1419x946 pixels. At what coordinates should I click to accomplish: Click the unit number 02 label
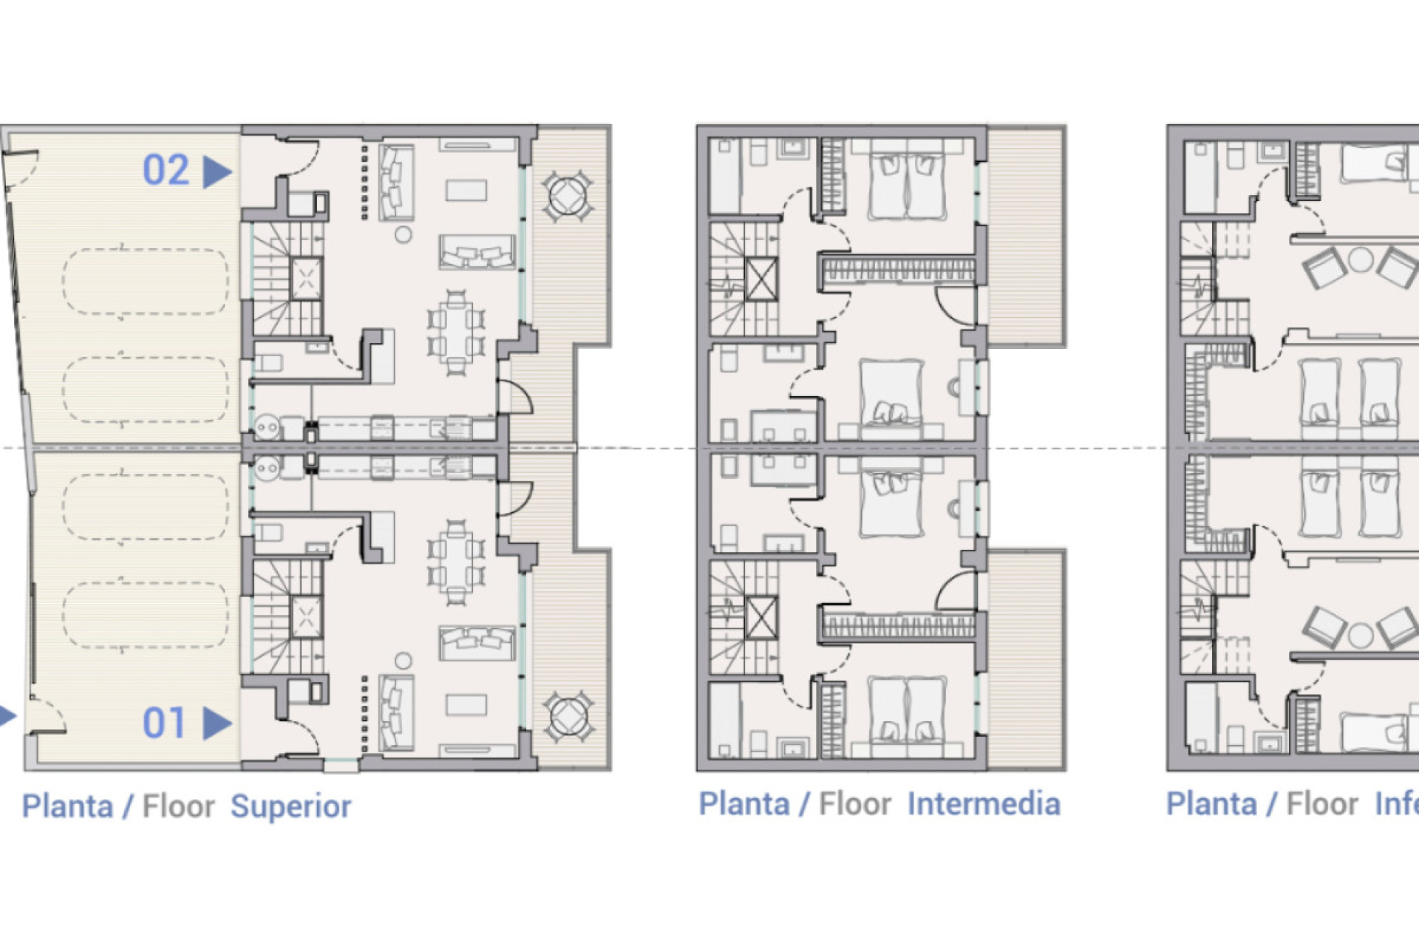pos(166,171)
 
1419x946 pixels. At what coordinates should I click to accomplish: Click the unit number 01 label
pos(164,723)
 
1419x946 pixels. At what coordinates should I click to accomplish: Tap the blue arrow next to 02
pos(217,171)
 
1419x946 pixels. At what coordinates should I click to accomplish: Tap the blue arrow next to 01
pos(217,724)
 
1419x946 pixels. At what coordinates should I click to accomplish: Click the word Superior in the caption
pos(290,806)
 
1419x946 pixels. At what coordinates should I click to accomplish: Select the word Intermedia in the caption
pos(983,804)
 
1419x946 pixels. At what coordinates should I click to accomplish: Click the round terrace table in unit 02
pos(568,197)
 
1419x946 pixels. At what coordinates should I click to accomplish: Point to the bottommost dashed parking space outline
pos(145,615)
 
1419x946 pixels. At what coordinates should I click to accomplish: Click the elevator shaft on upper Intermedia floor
pos(760,280)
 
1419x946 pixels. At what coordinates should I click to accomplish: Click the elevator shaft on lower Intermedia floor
pos(760,618)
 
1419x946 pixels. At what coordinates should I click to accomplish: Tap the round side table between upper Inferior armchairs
pos(1360,260)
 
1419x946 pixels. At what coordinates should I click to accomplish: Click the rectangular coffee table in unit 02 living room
pos(466,190)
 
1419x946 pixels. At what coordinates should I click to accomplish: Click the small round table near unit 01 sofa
pos(403,660)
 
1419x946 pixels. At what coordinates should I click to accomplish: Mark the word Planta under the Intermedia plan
pos(743,804)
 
